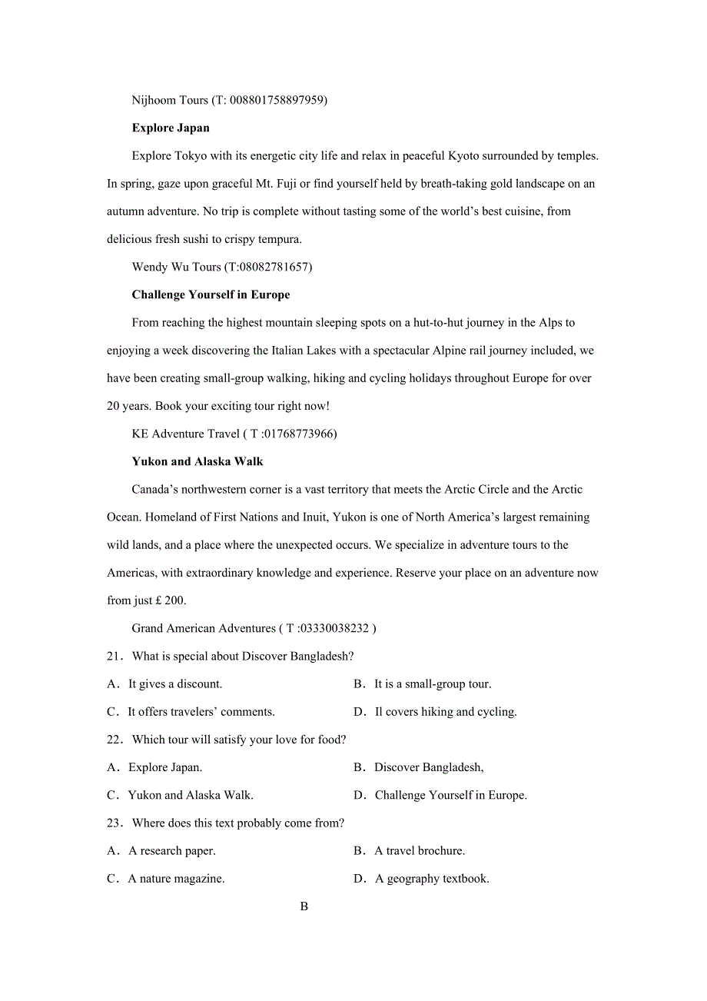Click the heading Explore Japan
coord(171,128)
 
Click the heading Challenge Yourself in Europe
coord(211,294)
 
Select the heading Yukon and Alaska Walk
coord(197,461)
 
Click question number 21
coord(115,656)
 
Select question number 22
coord(115,740)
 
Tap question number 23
coord(115,823)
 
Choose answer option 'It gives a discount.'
coord(174,683)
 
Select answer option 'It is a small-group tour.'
coord(432,683)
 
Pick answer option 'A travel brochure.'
coord(420,850)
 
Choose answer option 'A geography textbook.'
coord(432,878)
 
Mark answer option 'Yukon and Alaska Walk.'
coord(190,795)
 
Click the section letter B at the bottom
coord(304,906)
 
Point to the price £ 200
coord(170,600)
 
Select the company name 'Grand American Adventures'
coord(204,628)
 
